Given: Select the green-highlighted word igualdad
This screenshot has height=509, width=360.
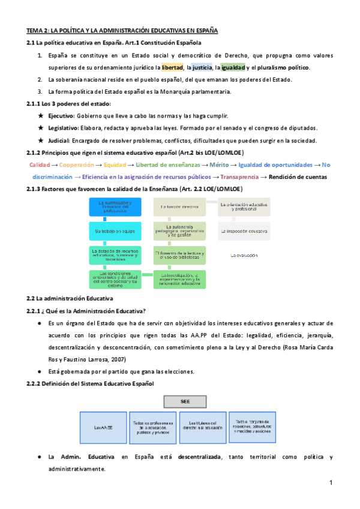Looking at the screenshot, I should [234, 67].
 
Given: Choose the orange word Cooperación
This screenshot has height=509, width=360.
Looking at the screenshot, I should [76, 164].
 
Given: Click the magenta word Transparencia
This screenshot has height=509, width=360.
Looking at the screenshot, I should [239, 176].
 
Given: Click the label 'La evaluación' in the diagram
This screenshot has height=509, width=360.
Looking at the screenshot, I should [244, 255].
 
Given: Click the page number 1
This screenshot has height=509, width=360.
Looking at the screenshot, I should [331, 483].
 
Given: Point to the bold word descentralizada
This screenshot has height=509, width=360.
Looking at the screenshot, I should [199, 457].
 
